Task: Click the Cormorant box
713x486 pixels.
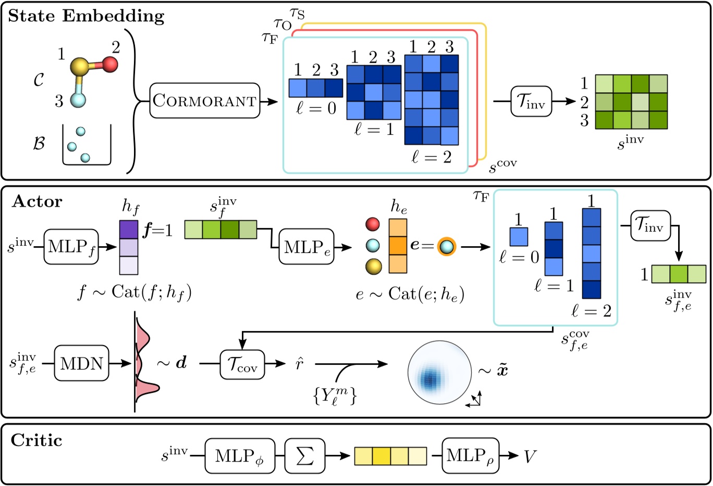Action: click(x=205, y=100)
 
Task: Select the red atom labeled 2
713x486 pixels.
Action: click(x=110, y=65)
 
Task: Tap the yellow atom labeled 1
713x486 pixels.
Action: click(x=80, y=66)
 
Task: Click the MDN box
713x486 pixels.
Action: click(x=82, y=363)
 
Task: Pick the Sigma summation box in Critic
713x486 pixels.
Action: click(x=305, y=456)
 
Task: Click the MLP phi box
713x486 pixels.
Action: click(x=240, y=456)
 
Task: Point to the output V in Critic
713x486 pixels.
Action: click(x=530, y=456)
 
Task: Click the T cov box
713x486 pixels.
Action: click(x=242, y=363)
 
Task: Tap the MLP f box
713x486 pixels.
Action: click(x=71, y=247)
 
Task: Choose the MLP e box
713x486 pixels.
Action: click(x=306, y=247)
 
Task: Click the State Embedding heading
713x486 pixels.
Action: click(x=86, y=16)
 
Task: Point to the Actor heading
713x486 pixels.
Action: click(x=37, y=201)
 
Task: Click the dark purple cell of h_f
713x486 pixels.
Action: click(x=129, y=229)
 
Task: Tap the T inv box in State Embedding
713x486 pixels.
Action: click(x=531, y=101)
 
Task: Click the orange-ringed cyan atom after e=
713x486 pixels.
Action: click(x=446, y=247)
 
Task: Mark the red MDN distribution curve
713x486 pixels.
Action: click(x=146, y=364)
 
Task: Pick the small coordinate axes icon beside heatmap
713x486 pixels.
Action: click(x=475, y=400)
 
